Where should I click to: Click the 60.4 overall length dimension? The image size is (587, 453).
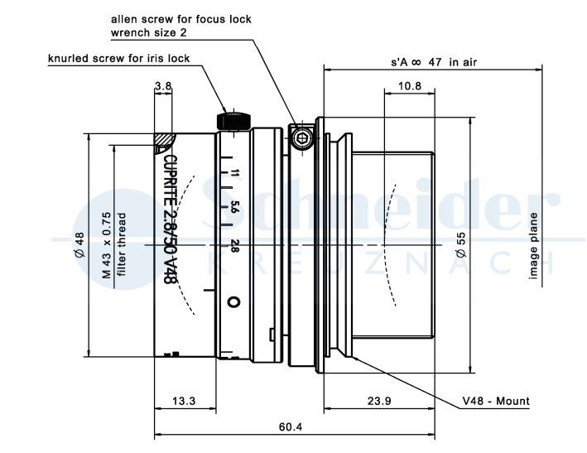point(289,426)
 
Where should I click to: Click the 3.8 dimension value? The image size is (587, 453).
point(163,85)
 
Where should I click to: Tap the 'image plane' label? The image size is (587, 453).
point(535,247)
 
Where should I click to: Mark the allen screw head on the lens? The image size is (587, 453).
point(301,138)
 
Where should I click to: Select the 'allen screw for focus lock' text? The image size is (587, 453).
point(181,18)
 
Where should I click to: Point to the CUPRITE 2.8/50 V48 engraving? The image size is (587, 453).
point(169,219)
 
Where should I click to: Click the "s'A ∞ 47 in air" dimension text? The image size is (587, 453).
point(435,61)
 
